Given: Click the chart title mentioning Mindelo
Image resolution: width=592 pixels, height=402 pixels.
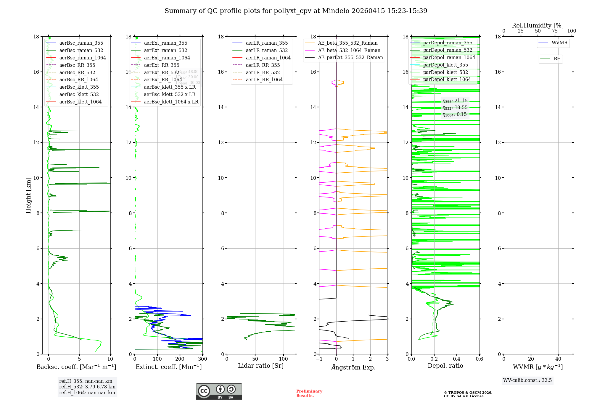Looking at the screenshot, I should pos(296,11).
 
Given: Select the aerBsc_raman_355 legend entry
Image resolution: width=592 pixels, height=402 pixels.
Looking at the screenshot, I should pos(81,43).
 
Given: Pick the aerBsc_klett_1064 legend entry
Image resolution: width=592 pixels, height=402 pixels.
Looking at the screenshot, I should pos(80,102).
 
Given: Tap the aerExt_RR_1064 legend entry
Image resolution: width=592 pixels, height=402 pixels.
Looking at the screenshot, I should pos(163,80).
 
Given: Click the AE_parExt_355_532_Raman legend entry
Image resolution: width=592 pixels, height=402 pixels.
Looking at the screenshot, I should pos(350,57).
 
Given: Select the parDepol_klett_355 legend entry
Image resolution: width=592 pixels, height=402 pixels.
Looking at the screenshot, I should pos(445,65).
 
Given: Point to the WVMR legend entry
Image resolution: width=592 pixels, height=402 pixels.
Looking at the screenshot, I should pos(559,43).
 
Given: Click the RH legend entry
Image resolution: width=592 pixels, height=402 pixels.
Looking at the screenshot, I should pos(557,59).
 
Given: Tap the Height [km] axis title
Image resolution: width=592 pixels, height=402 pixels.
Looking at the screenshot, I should pos(28,195).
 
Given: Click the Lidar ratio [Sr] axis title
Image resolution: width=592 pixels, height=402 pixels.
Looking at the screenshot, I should pos(261,366).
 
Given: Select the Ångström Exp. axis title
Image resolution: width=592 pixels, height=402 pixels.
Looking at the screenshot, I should pos(353,367).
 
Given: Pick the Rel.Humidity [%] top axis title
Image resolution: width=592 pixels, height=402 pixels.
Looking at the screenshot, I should pos(538,25).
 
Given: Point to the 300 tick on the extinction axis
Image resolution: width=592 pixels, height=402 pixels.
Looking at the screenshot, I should pos(203,359).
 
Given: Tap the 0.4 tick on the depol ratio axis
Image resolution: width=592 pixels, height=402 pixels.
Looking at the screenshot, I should pos(457,359).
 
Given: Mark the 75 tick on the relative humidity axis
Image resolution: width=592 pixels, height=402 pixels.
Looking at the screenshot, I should pos(555,31).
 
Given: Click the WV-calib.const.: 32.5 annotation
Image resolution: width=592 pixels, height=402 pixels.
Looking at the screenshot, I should pos(527,380).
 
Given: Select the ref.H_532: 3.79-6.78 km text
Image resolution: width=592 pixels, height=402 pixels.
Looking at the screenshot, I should pos(87,387).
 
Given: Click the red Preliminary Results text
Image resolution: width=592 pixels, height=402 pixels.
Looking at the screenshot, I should pos(309,393).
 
